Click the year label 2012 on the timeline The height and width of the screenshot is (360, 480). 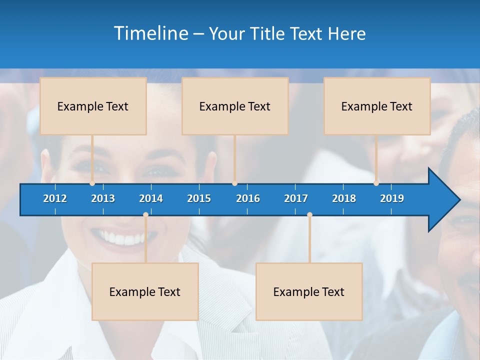(x=55, y=198)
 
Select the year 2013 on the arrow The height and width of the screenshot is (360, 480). (x=103, y=198)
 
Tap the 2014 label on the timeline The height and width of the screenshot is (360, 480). (x=151, y=198)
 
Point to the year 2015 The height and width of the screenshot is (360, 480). (x=199, y=198)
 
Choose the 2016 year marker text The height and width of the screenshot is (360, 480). (x=248, y=198)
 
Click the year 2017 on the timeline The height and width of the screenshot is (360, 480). (x=296, y=198)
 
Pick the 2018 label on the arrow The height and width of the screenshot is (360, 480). (x=344, y=198)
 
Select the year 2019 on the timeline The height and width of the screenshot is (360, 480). (x=392, y=198)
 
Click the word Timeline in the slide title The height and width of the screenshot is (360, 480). (x=150, y=33)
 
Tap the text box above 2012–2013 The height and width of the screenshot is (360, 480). (x=93, y=106)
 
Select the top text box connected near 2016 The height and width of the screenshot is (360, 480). (x=235, y=106)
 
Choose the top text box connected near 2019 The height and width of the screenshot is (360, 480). (x=377, y=106)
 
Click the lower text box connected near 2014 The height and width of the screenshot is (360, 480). (x=145, y=291)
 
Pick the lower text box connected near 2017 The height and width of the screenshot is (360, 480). (x=309, y=291)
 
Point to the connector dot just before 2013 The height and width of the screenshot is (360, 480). (x=92, y=183)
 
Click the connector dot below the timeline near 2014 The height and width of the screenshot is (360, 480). (x=145, y=215)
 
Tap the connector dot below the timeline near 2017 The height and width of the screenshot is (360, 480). (x=309, y=215)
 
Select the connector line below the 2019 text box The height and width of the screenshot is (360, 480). (x=376, y=157)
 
